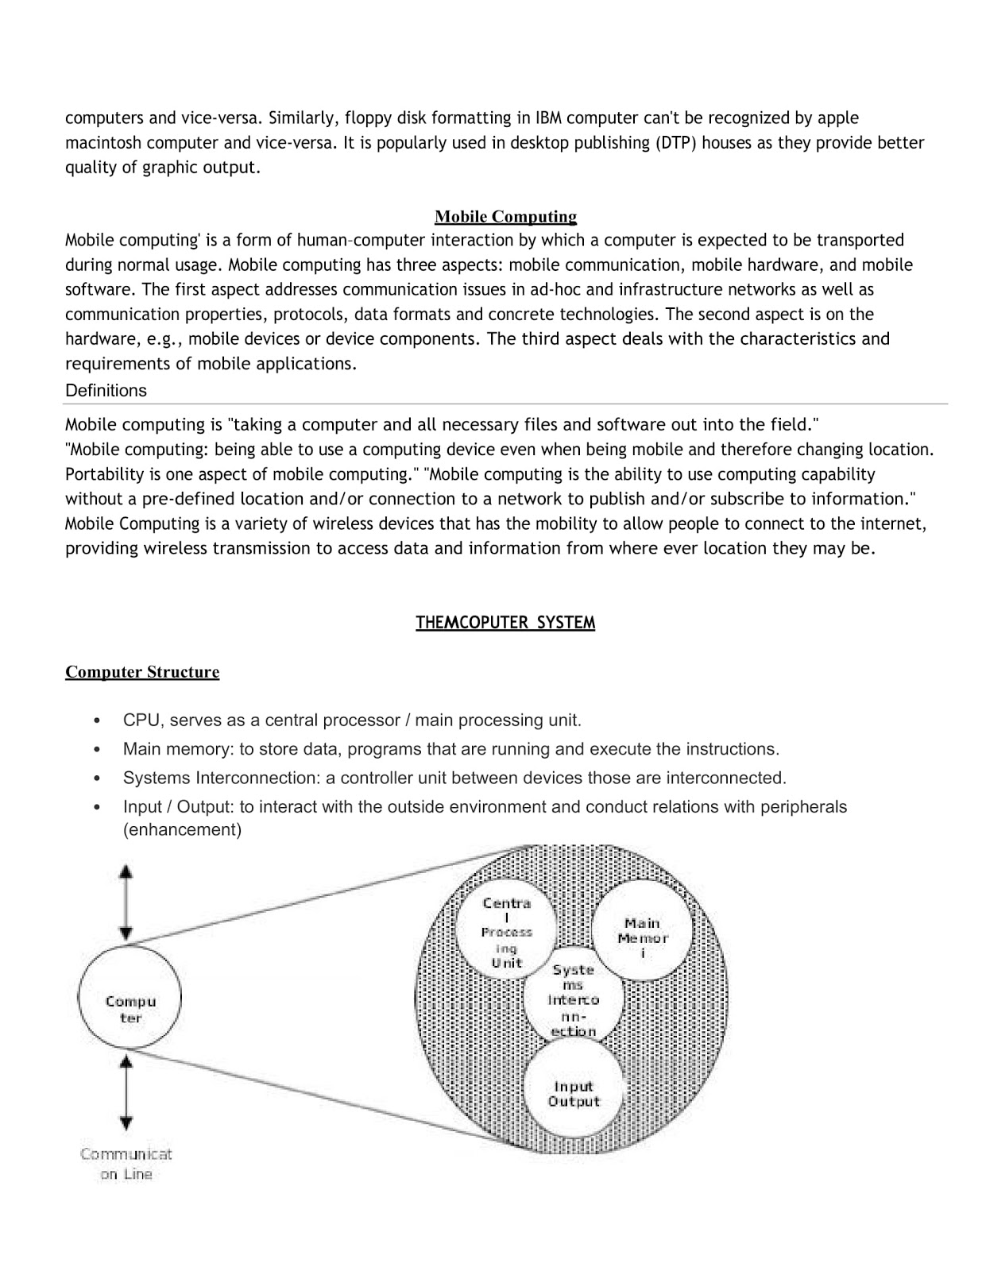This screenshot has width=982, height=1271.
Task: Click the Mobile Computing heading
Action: click(x=505, y=217)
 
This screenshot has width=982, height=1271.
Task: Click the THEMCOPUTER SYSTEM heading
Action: click(x=505, y=623)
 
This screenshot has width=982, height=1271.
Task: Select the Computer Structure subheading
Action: click(x=142, y=672)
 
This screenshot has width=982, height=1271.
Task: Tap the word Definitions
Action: click(x=106, y=391)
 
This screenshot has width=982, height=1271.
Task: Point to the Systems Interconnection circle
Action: click(x=573, y=999)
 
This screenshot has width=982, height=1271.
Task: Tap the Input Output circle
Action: click(x=573, y=1094)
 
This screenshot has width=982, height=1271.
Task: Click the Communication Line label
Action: click(x=126, y=1164)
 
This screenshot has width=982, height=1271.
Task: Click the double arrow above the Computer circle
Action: click(x=126, y=902)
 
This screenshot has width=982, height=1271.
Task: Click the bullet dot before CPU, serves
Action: click(x=96, y=721)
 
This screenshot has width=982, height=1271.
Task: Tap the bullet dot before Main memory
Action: click(x=96, y=750)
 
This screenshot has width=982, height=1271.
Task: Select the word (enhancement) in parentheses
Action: click(x=182, y=830)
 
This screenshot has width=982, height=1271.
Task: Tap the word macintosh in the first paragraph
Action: click(x=102, y=143)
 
